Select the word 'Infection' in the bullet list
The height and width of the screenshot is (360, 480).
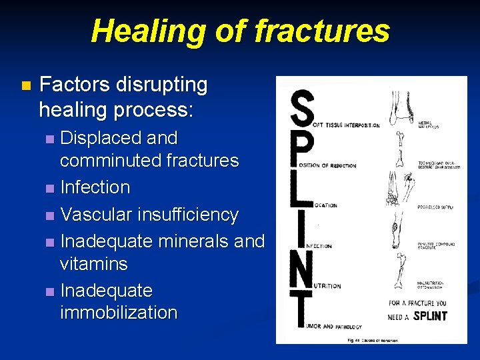[x=95, y=187]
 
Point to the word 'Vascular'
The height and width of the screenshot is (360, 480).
[x=96, y=215]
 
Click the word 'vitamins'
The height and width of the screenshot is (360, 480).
[x=93, y=263]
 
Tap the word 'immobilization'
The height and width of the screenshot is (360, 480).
[x=119, y=313]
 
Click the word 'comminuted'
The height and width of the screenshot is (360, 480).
[x=106, y=161]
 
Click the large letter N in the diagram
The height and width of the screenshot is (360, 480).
[x=301, y=270]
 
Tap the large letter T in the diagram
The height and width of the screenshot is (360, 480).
[x=301, y=311]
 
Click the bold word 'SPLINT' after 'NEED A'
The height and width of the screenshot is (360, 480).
[x=430, y=315]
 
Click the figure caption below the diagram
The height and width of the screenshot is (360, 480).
[x=372, y=339]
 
